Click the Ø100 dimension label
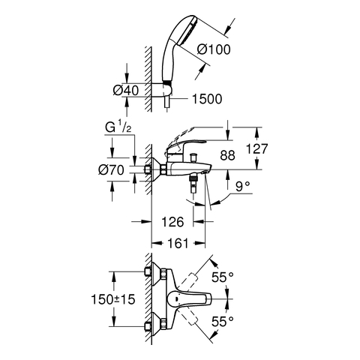pyautogui.click(x=214, y=49)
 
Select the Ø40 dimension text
pyautogui.click(x=125, y=90)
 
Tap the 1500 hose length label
pyautogui.click(x=207, y=99)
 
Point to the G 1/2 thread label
pyautogui.click(x=118, y=127)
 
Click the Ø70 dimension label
pyautogui.click(x=111, y=170)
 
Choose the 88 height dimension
pyautogui.click(x=227, y=155)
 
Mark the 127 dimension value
pyautogui.click(x=257, y=148)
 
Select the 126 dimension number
pyautogui.click(x=172, y=221)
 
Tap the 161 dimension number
pyautogui.click(x=177, y=243)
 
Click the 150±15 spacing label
pyautogui.click(x=113, y=299)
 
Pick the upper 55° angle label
pyautogui.click(x=223, y=277)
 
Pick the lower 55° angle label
pyautogui.click(x=223, y=322)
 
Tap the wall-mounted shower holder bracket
pyautogui.click(x=162, y=89)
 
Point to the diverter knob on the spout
pyautogui.click(x=193, y=158)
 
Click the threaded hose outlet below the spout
pyautogui.click(x=193, y=184)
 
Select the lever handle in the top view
pyautogui.click(x=189, y=298)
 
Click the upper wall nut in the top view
pyautogui.click(x=148, y=272)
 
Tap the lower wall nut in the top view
pyautogui.click(x=148, y=326)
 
